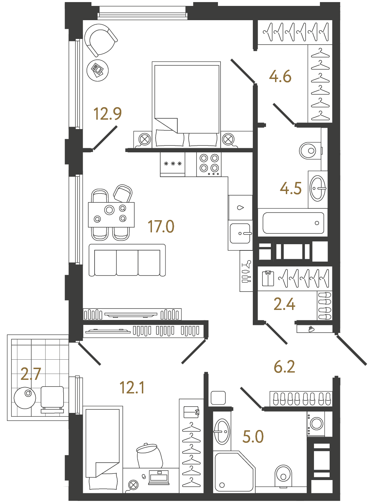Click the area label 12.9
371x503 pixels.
(x=107, y=114)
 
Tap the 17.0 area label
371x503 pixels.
(x=161, y=226)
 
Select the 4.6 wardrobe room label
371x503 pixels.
(x=280, y=77)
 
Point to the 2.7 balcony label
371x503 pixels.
(x=31, y=374)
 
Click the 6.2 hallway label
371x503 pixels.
(x=284, y=367)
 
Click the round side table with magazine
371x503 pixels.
(x=97, y=70)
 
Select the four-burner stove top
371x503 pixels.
(x=209, y=164)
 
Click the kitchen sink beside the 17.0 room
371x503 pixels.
(x=240, y=233)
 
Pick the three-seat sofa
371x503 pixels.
(x=127, y=260)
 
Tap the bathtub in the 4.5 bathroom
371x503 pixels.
(x=293, y=223)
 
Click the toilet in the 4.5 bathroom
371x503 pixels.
(x=309, y=151)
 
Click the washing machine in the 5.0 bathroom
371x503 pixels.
(x=316, y=423)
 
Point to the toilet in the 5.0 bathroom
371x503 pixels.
(x=283, y=475)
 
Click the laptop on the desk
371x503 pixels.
(x=159, y=477)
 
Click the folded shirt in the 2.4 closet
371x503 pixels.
(x=268, y=278)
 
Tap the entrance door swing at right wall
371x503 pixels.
(x=351, y=350)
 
